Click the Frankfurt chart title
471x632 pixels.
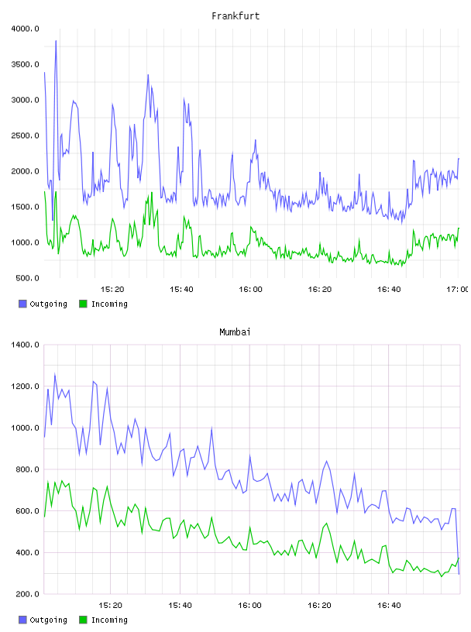click(x=235, y=16)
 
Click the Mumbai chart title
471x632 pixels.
click(x=235, y=332)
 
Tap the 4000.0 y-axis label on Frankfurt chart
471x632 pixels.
click(x=25, y=29)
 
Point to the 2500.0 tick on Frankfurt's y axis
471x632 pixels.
click(x=25, y=136)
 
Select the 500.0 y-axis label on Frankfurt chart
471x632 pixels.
click(x=27, y=278)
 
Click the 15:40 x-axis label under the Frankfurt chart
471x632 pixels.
click(x=181, y=290)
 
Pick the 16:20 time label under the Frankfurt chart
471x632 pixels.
click(x=320, y=290)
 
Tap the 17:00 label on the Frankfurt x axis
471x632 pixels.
click(x=457, y=290)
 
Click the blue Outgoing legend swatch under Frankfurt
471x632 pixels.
click(x=22, y=304)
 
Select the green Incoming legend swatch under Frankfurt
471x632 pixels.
click(x=83, y=304)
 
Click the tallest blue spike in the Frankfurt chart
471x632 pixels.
click(x=56, y=41)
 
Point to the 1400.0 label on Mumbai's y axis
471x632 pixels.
click(x=25, y=345)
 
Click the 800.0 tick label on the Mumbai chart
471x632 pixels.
click(x=27, y=469)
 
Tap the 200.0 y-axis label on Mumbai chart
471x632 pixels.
click(x=27, y=594)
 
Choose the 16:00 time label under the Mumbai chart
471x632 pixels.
click(x=250, y=606)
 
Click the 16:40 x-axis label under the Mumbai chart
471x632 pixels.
click(x=389, y=606)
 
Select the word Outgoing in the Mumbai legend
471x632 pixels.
click(x=48, y=620)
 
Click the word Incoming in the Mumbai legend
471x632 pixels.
click(x=109, y=620)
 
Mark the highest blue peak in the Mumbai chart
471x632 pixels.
click(x=55, y=374)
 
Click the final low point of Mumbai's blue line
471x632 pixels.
click(x=459, y=574)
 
